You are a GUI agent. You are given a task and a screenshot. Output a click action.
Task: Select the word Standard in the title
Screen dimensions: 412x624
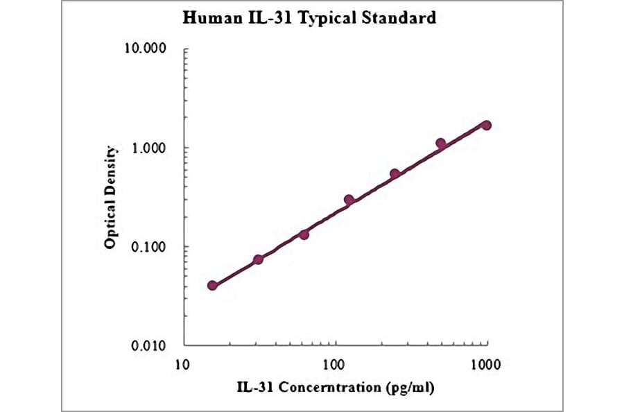(x=401, y=19)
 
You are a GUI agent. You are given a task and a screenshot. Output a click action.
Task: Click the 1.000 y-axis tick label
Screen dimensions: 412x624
(x=149, y=148)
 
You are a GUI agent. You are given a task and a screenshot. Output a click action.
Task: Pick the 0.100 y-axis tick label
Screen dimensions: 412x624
(x=149, y=247)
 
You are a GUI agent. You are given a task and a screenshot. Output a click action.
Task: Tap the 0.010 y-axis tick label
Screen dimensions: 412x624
(x=149, y=345)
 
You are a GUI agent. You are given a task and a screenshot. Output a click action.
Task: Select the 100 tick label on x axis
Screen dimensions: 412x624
(x=336, y=363)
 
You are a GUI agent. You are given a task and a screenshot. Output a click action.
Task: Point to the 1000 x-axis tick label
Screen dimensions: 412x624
(x=485, y=363)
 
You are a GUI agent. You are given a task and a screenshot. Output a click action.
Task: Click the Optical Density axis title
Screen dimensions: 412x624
(x=110, y=198)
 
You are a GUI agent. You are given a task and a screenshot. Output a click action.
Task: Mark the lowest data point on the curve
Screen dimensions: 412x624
(x=213, y=286)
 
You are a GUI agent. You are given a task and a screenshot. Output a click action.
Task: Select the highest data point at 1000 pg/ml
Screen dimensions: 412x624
(x=486, y=125)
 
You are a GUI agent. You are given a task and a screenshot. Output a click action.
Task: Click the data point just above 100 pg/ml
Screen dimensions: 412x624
(x=349, y=200)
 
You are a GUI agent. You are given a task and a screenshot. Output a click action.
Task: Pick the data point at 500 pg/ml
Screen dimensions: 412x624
(x=440, y=143)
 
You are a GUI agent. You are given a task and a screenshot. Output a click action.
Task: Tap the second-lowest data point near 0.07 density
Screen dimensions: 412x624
(x=258, y=259)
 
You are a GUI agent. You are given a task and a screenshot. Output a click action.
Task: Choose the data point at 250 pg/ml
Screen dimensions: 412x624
(x=395, y=174)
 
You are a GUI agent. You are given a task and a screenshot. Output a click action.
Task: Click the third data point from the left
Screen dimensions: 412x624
(x=304, y=234)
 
